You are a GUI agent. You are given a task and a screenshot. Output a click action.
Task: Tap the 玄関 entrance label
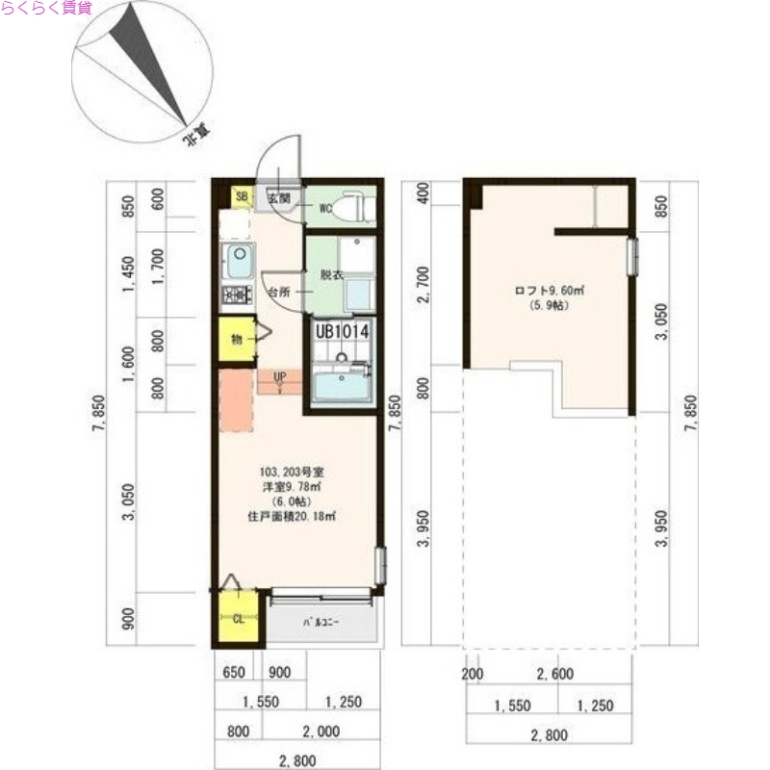pos(278,197)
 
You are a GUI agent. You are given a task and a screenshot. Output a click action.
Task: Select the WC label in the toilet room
pos(325,206)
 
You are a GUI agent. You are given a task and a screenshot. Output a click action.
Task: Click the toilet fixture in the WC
pos(355,205)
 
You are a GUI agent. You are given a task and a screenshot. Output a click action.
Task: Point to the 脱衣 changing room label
pos(331,274)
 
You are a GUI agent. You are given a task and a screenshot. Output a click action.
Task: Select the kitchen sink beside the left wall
pos(238,261)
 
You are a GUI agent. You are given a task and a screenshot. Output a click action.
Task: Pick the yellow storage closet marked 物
pos(236,338)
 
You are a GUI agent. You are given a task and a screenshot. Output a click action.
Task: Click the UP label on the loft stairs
pos(279,376)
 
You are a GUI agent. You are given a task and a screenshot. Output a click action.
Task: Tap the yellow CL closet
pos(238,618)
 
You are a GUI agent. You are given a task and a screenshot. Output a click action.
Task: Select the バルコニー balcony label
pos(321,624)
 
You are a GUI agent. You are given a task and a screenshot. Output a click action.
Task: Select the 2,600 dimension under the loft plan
pos(556,674)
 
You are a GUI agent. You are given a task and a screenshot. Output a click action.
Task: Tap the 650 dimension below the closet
pos(237,672)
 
